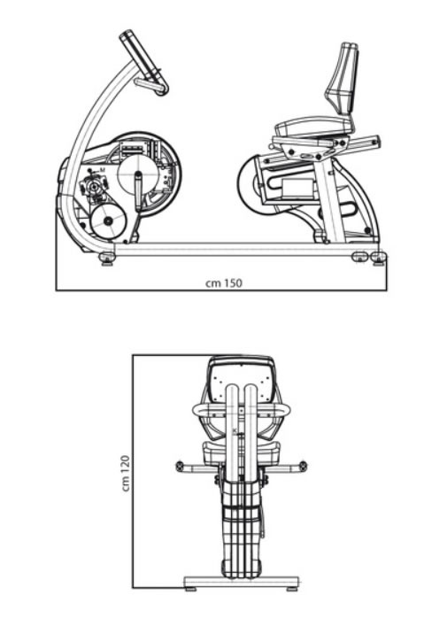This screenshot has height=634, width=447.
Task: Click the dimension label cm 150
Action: coord(224,283)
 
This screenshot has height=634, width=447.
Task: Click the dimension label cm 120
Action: coord(126,474)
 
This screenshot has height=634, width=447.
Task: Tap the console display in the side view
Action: coord(141,56)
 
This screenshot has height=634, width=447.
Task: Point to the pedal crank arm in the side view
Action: coord(138,191)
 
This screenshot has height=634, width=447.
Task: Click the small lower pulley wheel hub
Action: coord(108,221)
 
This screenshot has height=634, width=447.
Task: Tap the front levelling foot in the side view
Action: coord(107,259)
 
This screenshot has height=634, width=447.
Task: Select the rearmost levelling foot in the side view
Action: coord(379,258)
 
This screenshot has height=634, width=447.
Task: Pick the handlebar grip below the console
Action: coord(151,86)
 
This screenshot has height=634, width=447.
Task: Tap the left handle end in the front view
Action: coord(181,466)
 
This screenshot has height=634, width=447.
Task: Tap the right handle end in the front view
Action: coord(303,466)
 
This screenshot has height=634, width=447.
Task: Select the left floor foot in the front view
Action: coord(191,589)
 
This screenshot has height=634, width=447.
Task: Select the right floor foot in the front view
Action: coord(292,589)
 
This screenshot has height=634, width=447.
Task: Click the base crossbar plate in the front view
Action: coord(242,582)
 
